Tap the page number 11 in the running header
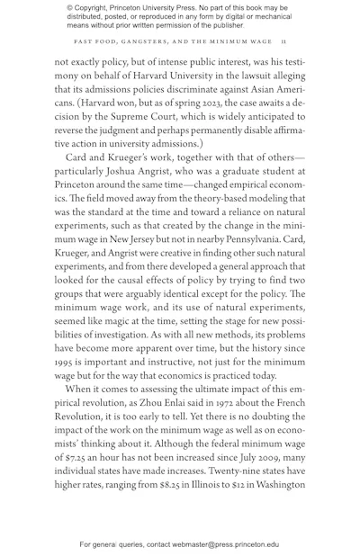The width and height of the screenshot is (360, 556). [x=283, y=41]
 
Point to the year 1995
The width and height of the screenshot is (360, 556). [x=66, y=362]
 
